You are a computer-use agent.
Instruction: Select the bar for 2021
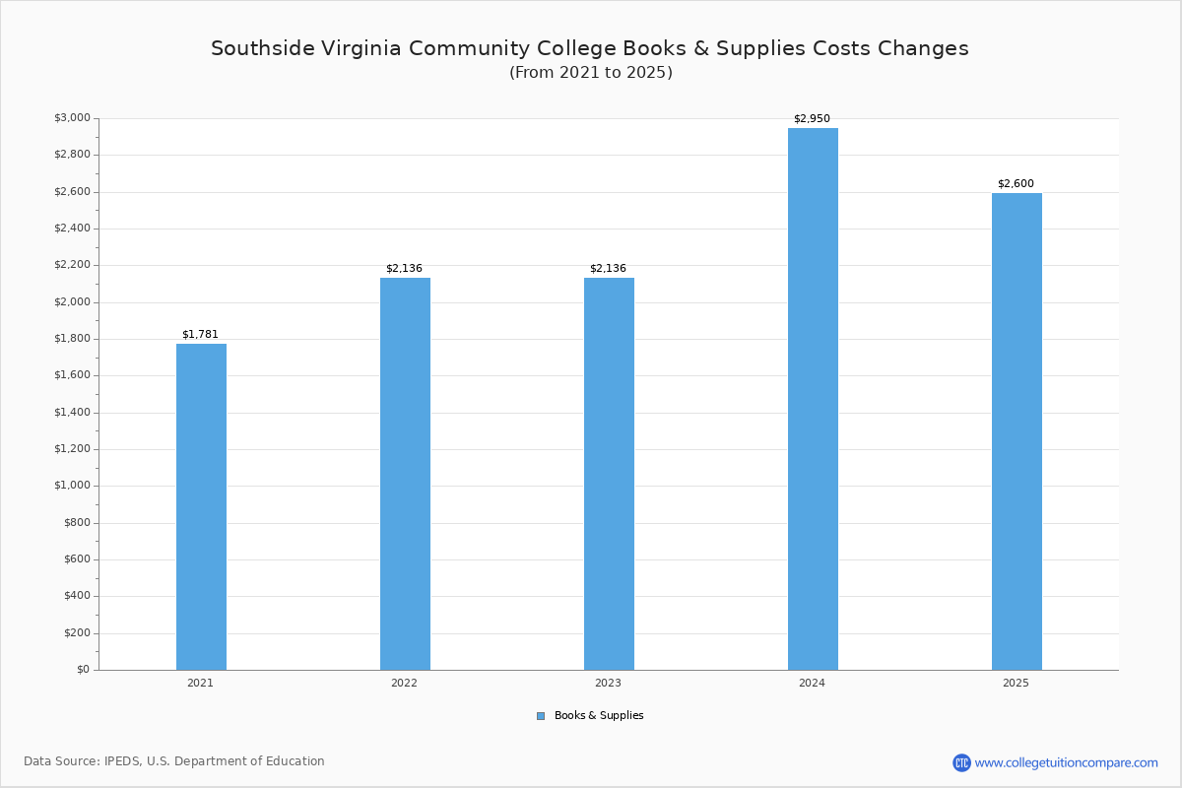[201, 506]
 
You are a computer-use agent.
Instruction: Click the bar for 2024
[813, 399]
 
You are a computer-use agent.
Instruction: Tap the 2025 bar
[1017, 431]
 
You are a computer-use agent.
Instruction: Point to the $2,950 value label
[812, 119]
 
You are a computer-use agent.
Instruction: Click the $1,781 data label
[200, 335]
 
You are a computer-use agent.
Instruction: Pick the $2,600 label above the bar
[1016, 184]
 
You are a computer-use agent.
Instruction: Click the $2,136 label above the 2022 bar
[404, 269]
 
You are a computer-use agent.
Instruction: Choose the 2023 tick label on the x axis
[608, 683]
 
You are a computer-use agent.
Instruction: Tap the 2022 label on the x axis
[404, 683]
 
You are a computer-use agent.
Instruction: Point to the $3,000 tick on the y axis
[72, 118]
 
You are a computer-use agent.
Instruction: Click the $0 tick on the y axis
[83, 670]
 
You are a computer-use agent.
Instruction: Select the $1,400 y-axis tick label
[72, 413]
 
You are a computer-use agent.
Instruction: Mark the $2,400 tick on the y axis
[72, 229]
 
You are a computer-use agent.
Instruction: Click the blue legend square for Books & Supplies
[541, 716]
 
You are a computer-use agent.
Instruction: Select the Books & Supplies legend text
[599, 716]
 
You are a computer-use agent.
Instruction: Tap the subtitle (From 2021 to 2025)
[591, 73]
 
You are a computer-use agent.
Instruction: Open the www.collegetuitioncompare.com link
[1067, 762]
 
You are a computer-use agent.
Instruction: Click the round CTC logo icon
[961, 762]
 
